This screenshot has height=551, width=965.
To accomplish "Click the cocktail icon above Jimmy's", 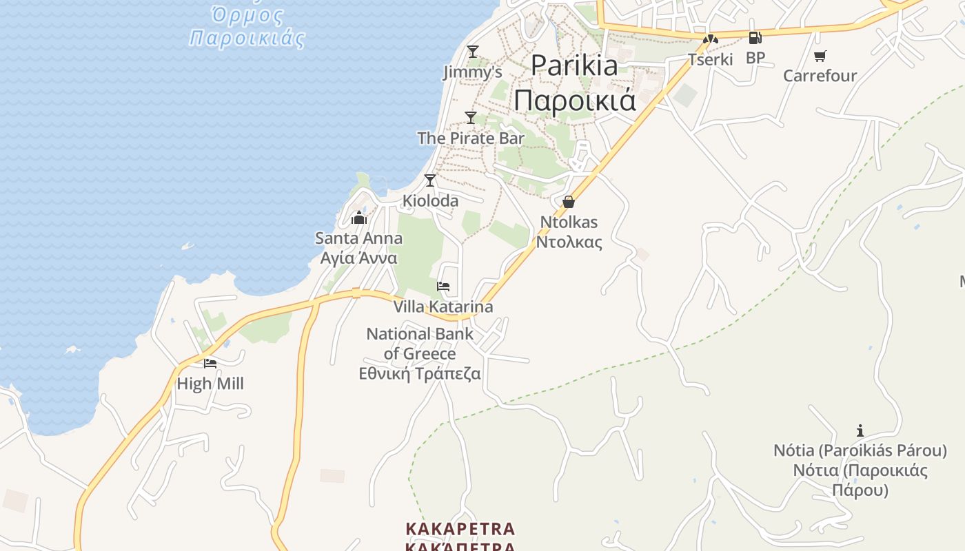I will tap(472, 51).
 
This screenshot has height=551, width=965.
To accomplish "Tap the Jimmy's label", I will tap(472, 72).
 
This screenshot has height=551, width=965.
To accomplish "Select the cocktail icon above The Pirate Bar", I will tap(471, 117).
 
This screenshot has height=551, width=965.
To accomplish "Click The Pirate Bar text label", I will tap(471, 138).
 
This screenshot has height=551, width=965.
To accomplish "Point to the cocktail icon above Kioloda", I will tap(430, 180).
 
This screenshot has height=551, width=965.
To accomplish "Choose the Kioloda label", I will tap(430, 200).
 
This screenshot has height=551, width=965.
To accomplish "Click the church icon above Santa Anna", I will tap(358, 218).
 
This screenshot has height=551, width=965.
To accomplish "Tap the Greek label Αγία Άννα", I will tap(358, 258).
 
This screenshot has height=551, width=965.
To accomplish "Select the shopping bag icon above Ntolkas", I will tap(569, 201).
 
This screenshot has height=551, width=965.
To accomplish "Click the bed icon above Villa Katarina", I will tap(443, 287).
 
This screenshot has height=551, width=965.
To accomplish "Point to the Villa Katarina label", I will tap(443, 306).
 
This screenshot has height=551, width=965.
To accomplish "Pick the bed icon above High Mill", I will tap(210, 363).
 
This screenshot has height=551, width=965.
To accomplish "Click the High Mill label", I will tap(210, 384).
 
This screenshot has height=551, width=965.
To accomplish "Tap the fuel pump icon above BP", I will tap(755, 38).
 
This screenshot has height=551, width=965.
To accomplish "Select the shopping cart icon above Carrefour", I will tap(820, 56).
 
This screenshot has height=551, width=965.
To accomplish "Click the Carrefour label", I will tap(820, 75).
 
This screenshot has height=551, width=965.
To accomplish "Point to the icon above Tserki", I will tap(711, 39).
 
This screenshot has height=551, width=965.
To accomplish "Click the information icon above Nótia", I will tap(860, 431).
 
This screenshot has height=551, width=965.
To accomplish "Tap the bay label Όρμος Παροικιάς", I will tap(247, 25).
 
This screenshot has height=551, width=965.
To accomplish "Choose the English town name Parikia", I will tap(574, 65).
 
